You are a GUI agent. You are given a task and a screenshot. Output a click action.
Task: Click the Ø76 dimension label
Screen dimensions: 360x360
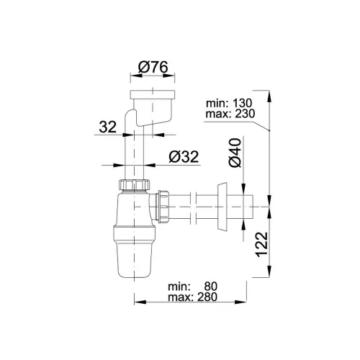point(153,67)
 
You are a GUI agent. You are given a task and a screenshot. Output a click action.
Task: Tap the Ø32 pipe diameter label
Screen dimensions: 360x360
point(184,157)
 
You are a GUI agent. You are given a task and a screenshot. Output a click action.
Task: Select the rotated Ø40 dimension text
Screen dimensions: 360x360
point(235,153)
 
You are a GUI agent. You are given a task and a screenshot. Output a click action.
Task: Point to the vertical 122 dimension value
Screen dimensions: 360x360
point(261,244)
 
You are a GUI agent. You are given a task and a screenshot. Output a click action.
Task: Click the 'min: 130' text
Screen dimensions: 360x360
point(229,103)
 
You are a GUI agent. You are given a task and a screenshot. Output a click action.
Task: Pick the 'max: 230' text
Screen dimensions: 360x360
point(230,114)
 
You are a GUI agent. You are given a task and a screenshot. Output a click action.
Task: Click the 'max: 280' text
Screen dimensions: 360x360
point(192,297)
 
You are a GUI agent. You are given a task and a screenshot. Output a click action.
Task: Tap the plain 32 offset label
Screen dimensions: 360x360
point(108,127)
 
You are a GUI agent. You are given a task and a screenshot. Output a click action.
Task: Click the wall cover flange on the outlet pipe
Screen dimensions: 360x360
point(222,207)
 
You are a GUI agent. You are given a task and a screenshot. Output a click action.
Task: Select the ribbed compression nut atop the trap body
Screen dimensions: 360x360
point(134,184)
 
